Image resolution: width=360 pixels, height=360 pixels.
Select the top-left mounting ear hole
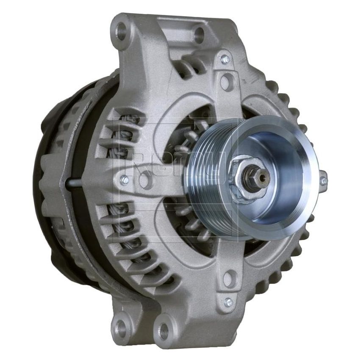click(122, 32)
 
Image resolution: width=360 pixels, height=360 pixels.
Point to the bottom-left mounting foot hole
click(122, 326)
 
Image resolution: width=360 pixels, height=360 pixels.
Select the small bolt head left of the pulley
click(124, 180)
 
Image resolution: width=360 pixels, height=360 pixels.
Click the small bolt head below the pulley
click(228, 302)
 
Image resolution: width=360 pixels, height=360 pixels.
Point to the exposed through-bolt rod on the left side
click(74, 183)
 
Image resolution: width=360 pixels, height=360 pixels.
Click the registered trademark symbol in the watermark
click(242, 121)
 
